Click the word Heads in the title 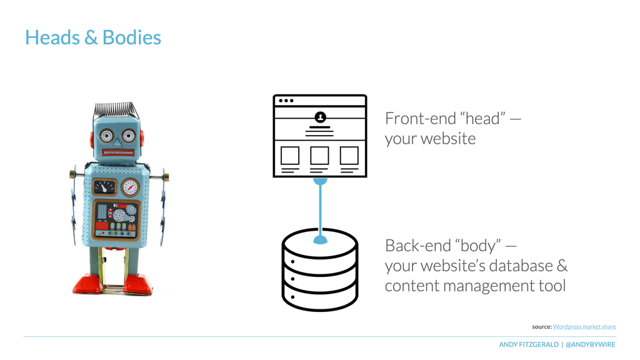tap(52, 37)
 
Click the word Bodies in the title tap(132, 37)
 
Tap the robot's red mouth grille tap(118, 152)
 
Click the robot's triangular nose tap(117, 142)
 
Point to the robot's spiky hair tap(116, 109)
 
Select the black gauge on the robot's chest tap(104, 187)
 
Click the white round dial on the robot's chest tap(131, 187)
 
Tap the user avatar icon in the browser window tap(321, 117)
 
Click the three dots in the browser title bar tap(286, 101)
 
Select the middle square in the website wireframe tap(319, 156)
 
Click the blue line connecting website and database tap(321, 211)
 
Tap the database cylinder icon tap(320, 270)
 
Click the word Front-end tap(421, 118)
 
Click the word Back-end tap(418, 246)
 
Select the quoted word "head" tap(483, 118)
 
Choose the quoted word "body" tap(478, 246)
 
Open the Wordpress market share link tap(584, 326)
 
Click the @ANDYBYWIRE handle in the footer tap(591, 344)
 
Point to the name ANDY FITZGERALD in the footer tap(529, 344)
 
